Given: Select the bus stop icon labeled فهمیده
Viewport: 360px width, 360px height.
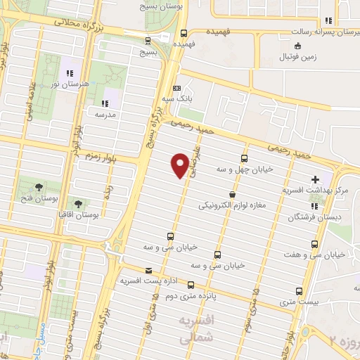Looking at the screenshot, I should [184, 32].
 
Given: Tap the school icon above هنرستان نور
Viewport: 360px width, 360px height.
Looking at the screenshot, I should [70, 73].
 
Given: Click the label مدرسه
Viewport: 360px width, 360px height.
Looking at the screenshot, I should [107, 112].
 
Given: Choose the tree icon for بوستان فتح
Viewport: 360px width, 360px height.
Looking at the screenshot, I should [39, 186].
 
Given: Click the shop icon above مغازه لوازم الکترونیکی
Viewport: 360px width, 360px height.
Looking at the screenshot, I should [232, 194].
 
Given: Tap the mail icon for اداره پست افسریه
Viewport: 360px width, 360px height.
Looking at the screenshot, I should [147, 270].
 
